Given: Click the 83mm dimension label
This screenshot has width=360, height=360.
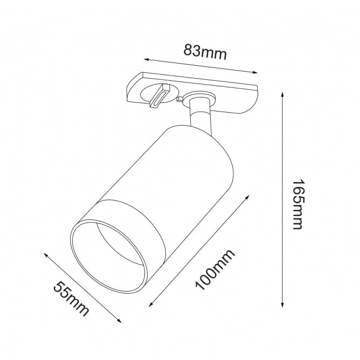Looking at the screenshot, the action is pos(205,52).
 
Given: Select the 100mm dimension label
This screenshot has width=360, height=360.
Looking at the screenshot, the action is pos(215,269).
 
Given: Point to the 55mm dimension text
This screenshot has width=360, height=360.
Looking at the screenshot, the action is pos(71,299).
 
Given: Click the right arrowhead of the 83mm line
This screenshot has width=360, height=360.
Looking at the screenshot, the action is pos(255,73).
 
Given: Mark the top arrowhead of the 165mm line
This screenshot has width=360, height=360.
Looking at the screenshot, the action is pos(282,95).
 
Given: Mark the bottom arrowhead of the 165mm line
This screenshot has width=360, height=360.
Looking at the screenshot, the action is pos(282,304).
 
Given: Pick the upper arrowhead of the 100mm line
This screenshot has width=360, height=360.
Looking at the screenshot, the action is pos(247,197).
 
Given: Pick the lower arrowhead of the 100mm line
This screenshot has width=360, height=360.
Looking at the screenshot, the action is pos(151,304).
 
